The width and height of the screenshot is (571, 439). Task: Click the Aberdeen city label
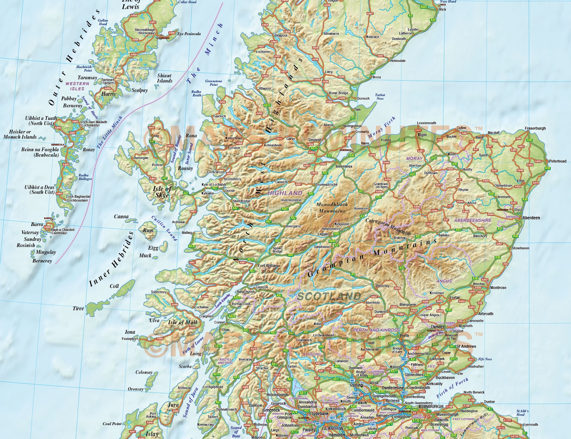point(531,218)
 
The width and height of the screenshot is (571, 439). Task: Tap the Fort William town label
point(268,266)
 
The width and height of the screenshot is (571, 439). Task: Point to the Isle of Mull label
point(182,322)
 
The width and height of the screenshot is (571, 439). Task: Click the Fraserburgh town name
point(535,128)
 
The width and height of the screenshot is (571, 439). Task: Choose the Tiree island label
point(78,308)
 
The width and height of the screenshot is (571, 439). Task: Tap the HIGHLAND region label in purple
point(285,193)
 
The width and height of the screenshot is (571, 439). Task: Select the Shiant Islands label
point(165,78)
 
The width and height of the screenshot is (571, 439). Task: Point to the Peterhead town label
point(557,161)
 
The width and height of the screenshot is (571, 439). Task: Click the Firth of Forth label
point(452,388)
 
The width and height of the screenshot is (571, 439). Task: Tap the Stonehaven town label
point(520,248)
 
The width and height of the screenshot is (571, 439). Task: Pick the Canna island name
point(121,216)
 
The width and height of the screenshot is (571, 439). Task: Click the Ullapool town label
point(265,88)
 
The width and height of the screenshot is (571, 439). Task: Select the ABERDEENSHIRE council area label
point(473,220)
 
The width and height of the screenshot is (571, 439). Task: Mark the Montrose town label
point(498,288)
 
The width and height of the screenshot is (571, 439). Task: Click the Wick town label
point(442,9)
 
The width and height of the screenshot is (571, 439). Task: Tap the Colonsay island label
point(144,372)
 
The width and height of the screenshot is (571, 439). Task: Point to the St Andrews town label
point(466,346)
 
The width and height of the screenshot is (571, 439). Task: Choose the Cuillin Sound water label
point(164,228)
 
